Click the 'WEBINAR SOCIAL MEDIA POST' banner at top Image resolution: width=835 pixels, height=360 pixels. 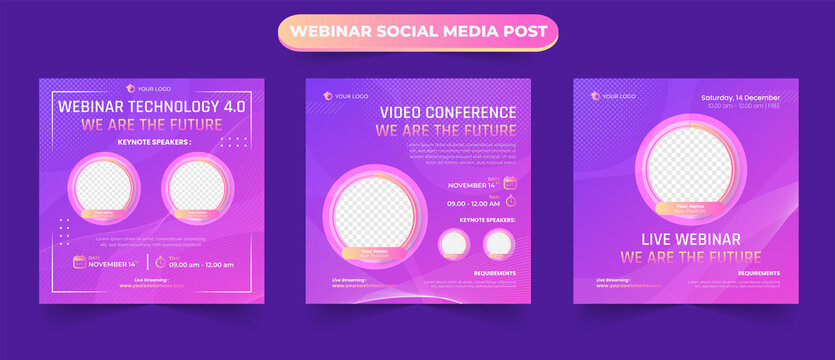[417, 32]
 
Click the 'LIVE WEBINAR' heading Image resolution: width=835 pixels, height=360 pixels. [680, 239]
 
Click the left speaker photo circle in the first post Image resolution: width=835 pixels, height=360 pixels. [104, 187]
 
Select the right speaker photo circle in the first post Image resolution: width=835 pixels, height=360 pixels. [194, 186]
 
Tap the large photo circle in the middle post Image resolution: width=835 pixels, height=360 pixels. [373, 214]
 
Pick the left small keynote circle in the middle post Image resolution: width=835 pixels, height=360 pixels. [453, 243]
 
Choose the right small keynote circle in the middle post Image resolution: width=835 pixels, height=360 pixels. [497, 243]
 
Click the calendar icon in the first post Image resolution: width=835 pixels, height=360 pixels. [79, 262]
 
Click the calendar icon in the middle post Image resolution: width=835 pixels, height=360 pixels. [509, 182]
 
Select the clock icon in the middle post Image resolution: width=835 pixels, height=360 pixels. [509, 201]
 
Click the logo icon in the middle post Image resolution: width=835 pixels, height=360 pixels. [326, 96]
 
